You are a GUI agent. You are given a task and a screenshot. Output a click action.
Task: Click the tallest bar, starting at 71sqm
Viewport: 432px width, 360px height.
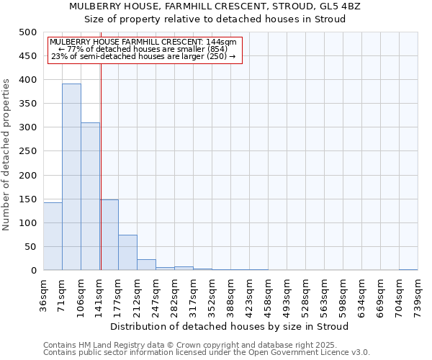point(71,176)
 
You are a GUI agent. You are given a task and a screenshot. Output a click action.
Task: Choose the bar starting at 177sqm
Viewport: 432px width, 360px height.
point(127,252)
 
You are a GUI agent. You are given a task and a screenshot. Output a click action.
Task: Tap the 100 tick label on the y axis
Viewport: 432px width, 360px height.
point(27,223)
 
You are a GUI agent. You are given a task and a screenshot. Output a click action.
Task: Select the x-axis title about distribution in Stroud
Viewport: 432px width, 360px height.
point(230,326)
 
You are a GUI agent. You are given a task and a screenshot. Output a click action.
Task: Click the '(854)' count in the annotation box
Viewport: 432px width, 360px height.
point(215,49)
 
